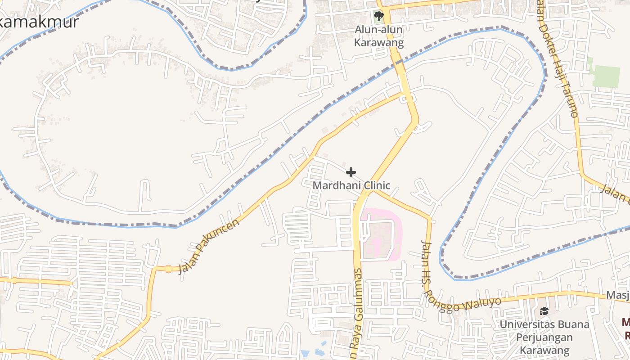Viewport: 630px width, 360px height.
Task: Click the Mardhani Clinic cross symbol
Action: (351, 172)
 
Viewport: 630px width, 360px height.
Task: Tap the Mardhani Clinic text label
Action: (351, 185)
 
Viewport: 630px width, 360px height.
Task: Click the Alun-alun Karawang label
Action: (379, 36)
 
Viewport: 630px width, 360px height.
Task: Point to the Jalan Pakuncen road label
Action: (209, 246)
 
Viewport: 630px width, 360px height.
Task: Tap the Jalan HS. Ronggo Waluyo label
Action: (454, 288)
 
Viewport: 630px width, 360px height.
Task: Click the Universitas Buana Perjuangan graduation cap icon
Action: (544, 311)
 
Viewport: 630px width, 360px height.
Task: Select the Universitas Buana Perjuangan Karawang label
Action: (544, 337)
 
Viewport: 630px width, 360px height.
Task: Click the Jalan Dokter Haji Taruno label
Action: (556, 58)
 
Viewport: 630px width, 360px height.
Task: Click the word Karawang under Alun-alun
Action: (379, 43)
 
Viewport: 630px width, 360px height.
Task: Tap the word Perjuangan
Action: (544, 337)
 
